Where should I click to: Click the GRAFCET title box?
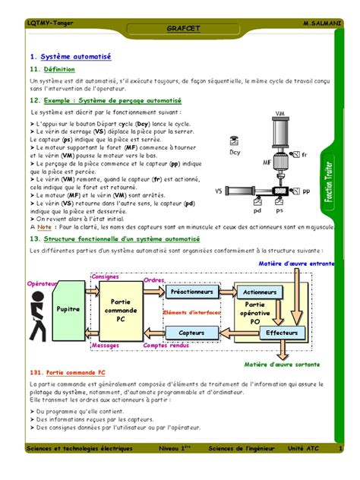coord(179,28)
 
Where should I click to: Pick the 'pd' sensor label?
coord(258,210)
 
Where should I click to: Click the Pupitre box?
coord(69,310)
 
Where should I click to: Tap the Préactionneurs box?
coord(191,291)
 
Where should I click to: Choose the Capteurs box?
coord(191,333)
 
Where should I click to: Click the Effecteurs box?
coord(282,333)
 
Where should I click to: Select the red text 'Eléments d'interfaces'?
coord(191,312)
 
